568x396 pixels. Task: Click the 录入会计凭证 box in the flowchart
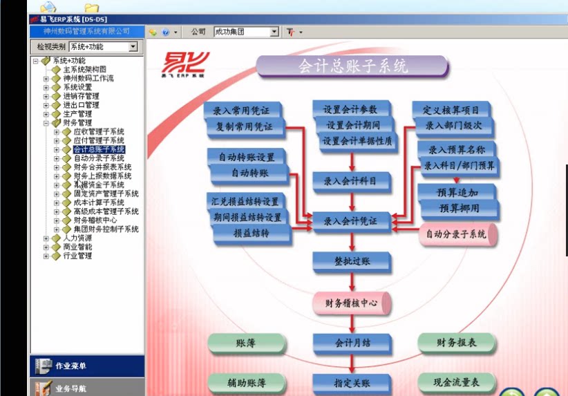click(x=351, y=221)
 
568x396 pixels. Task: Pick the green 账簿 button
click(x=247, y=343)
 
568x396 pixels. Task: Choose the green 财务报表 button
click(x=457, y=342)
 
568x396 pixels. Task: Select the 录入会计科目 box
click(x=351, y=181)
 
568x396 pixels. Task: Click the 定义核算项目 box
click(x=451, y=110)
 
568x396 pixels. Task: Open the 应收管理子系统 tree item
click(x=99, y=131)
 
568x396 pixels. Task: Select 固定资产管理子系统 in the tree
click(x=106, y=194)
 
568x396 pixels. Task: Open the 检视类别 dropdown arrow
click(x=133, y=47)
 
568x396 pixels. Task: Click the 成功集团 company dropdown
click(x=245, y=32)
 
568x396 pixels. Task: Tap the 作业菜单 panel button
click(x=87, y=366)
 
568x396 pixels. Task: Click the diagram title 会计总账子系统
click(x=352, y=66)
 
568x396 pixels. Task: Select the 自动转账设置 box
click(x=247, y=157)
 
